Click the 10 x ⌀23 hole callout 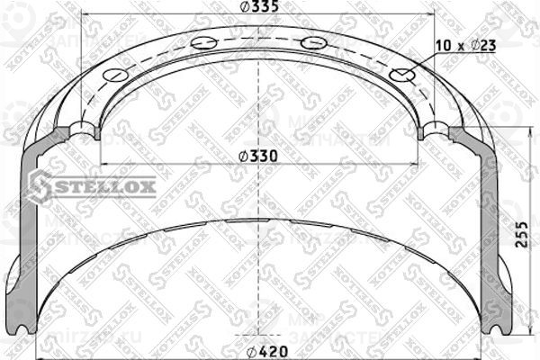click(x=464, y=45)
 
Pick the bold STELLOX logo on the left click(x=92, y=187)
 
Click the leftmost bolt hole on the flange click(x=113, y=75)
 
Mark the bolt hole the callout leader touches click(x=402, y=75)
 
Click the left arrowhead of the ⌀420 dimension click(x=37, y=350)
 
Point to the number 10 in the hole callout click(x=441, y=45)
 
